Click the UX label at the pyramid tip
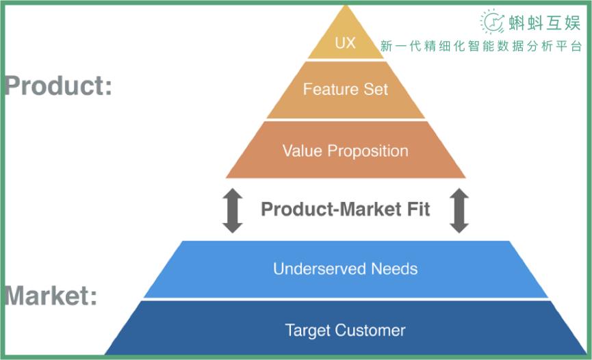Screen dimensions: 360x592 pos(345,43)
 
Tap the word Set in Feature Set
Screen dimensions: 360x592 pos(375,90)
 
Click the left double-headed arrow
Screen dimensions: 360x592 pos(233,210)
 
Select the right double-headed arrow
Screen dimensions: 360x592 pos(459,210)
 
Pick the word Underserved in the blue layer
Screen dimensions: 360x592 pos(319,268)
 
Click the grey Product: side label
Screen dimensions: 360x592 pos(57,87)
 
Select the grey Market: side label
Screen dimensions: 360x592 pos(51,296)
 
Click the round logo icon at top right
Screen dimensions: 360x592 pos(492,22)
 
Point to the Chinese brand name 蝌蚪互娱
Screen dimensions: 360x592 pos(544,23)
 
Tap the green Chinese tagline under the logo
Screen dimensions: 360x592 pos(481,47)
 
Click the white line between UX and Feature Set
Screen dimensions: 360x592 pos(345,60)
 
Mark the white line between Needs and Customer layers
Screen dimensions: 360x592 pos(345,299)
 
